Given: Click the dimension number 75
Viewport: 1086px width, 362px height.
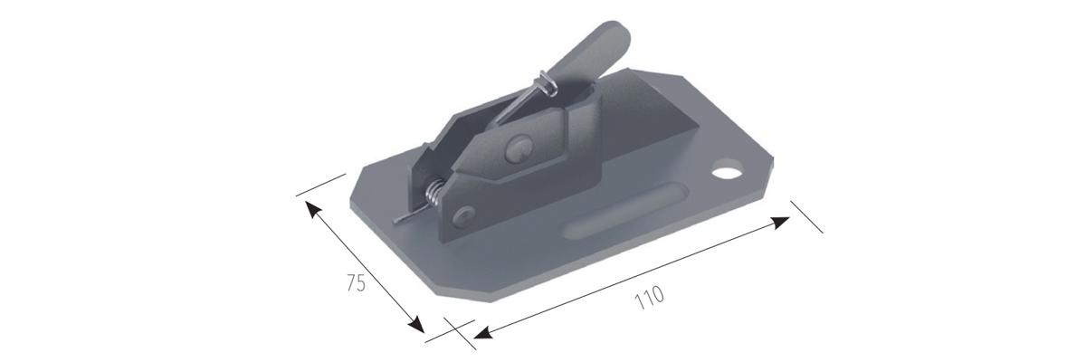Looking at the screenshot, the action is (x=357, y=283).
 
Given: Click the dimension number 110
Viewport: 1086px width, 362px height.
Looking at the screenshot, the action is (x=649, y=298).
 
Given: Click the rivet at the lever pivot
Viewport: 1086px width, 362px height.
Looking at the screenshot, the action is (x=519, y=148).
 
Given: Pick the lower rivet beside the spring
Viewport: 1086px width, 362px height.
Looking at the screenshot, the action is (x=464, y=216).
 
